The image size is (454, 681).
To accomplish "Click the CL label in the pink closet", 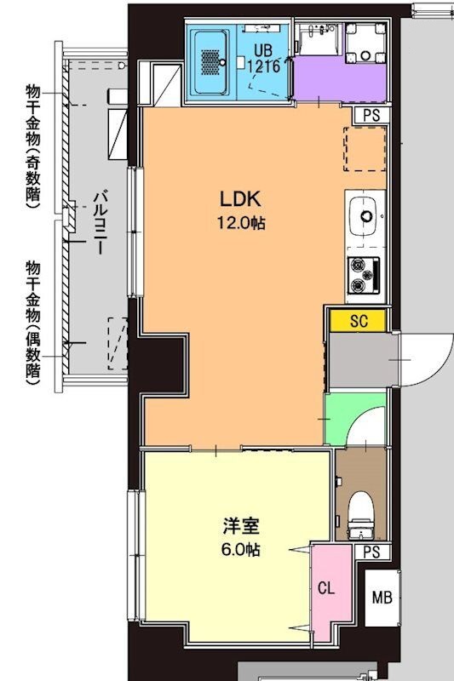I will pos(326,587).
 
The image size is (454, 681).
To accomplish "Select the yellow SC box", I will pos(359,320).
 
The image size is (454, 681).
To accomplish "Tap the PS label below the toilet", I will pos(371,552).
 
